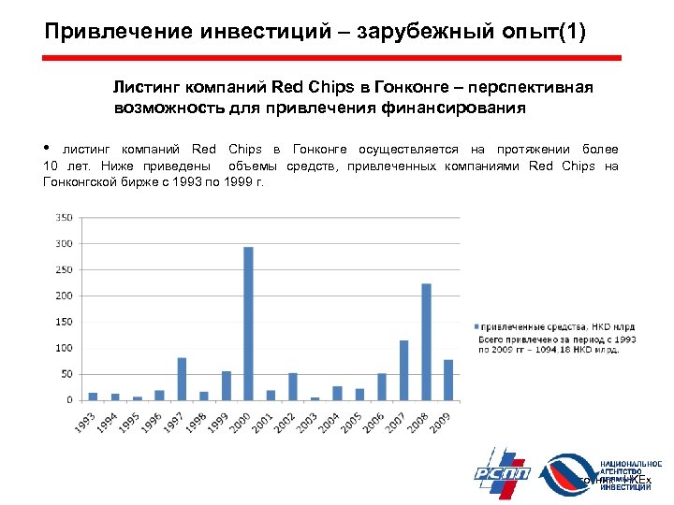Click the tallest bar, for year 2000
(x=248, y=323)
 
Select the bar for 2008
(x=426, y=341)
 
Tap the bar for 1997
(x=182, y=378)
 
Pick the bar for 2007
(x=404, y=369)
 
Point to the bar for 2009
(x=448, y=379)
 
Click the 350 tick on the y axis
(x=65, y=217)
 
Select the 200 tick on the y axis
(x=65, y=296)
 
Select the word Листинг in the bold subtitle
(x=144, y=87)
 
